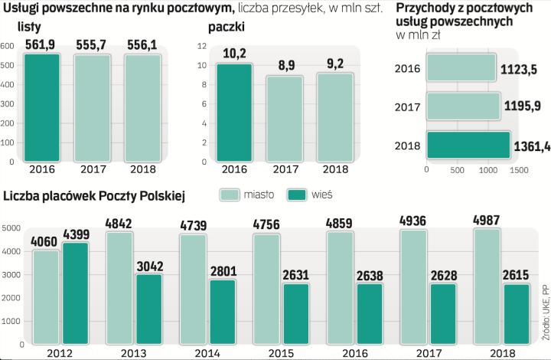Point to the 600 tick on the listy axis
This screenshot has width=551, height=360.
coord(7,46)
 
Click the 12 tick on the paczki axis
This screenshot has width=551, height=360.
coord(202,46)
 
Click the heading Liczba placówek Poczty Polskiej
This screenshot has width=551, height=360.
coord(94,195)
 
